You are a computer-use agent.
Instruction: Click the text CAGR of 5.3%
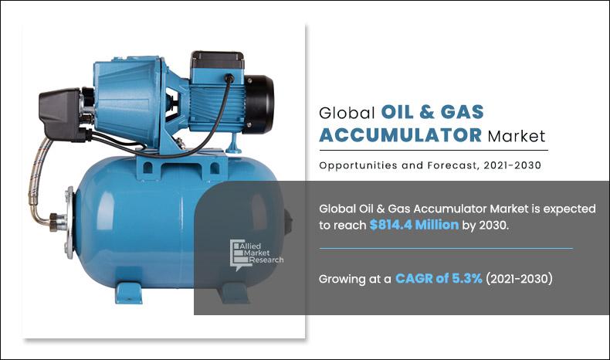tap(439, 279)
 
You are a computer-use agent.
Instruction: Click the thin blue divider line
tap(446, 249)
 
